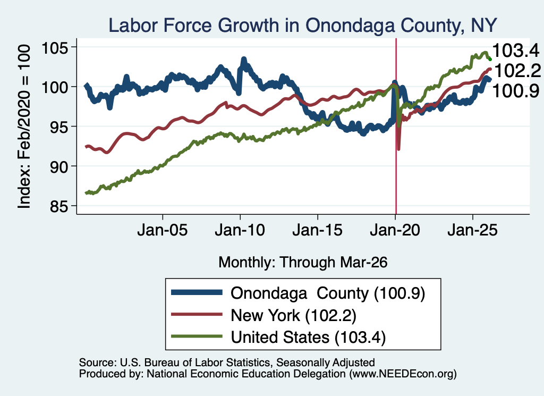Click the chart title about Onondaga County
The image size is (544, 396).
[302, 26]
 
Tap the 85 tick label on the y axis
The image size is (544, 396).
[58, 206]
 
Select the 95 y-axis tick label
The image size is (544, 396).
[58, 127]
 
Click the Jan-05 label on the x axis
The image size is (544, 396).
[163, 230]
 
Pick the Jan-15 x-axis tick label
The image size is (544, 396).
[318, 230]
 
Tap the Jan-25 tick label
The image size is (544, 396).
[472, 230]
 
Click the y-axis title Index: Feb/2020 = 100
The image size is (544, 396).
[24, 127]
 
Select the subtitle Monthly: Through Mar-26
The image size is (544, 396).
[303, 262]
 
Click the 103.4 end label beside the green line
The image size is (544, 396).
[515, 50]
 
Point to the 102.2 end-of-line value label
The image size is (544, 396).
[517, 71]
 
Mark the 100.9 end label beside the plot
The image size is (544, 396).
[515, 91]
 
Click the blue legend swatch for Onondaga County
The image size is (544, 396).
[197, 292]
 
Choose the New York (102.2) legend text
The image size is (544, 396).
[293, 315]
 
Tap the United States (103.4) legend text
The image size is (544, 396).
[308, 337]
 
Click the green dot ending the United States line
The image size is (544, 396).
[490, 60]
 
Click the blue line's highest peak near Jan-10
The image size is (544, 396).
[243, 60]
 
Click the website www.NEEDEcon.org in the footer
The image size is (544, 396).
[403, 374]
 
